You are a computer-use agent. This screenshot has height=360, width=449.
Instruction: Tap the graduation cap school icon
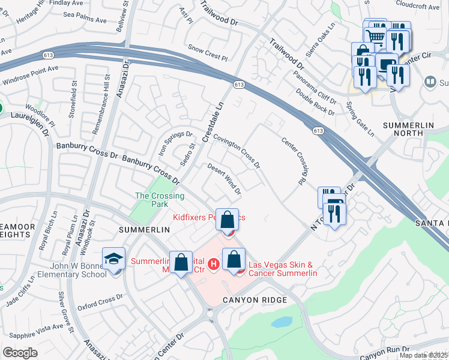pos(113,259)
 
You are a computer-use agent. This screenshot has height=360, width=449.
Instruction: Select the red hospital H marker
pos(212,263)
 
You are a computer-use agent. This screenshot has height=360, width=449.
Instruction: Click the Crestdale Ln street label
pos(212,121)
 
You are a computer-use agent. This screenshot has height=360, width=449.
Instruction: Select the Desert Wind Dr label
pos(224,179)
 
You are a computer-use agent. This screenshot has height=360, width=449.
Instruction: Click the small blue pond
pos(281,322)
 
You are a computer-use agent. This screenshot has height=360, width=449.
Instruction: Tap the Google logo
pos(20,353)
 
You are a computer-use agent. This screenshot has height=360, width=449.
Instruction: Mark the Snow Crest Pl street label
pos(208,53)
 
